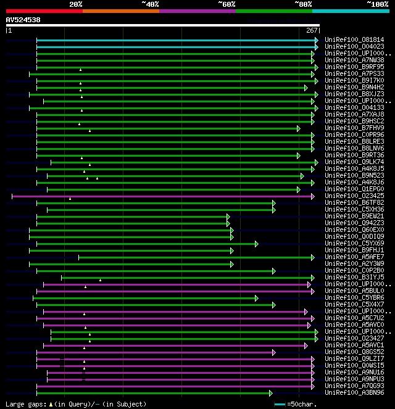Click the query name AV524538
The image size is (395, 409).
(23, 20)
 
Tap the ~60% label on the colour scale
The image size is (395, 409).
(227, 4)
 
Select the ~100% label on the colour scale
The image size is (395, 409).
(377, 4)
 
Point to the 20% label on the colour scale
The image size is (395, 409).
(76, 4)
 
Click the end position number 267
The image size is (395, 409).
(312, 30)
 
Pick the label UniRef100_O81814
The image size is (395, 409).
(354, 39)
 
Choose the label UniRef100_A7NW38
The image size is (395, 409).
(354, 60)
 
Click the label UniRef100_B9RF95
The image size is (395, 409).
(354, 67)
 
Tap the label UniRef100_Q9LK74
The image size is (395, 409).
(354, 162)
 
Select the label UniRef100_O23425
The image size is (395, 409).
(354, 196)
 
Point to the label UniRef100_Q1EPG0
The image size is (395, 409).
(354, 189)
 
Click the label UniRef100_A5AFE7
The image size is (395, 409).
(354, 257)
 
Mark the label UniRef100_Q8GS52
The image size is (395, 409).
(354, 352)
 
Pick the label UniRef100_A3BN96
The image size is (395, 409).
(354, 392)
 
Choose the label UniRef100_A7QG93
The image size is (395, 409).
(354, 386)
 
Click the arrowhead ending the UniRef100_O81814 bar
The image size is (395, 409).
(317, 40)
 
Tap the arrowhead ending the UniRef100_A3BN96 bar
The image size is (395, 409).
(270, 393)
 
